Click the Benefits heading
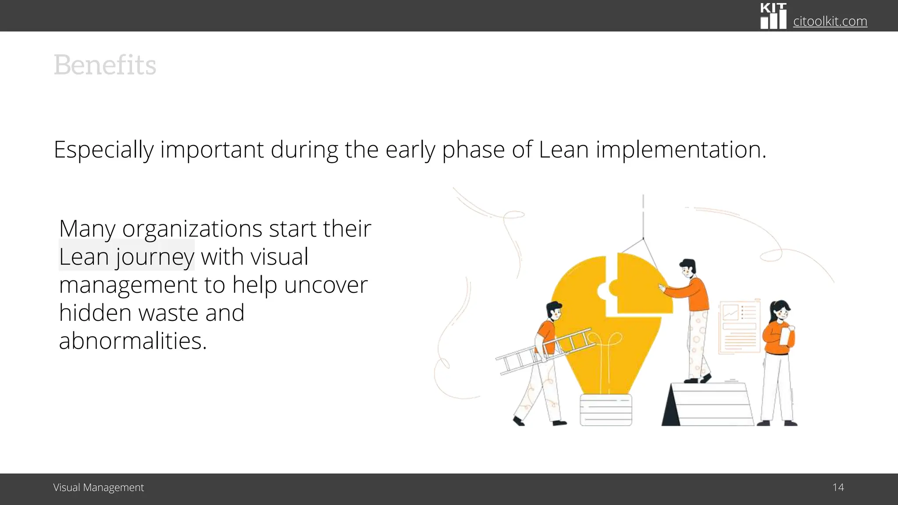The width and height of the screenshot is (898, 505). click(x=105, y=65)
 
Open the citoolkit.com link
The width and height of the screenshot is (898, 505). click(x=830, y=21)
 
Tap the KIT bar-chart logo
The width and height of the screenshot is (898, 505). click(x=773, y=16)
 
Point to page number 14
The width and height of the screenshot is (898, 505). click(x=838, y=487)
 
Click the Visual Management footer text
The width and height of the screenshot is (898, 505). click(x=98, y=487)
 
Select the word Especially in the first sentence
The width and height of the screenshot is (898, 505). click(x=103, y=150)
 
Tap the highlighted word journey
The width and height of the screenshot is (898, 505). click(x=154, y=257)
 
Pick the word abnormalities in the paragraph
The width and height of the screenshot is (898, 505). click(x=132, y=341)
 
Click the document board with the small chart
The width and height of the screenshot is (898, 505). click(x=739, y=327)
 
